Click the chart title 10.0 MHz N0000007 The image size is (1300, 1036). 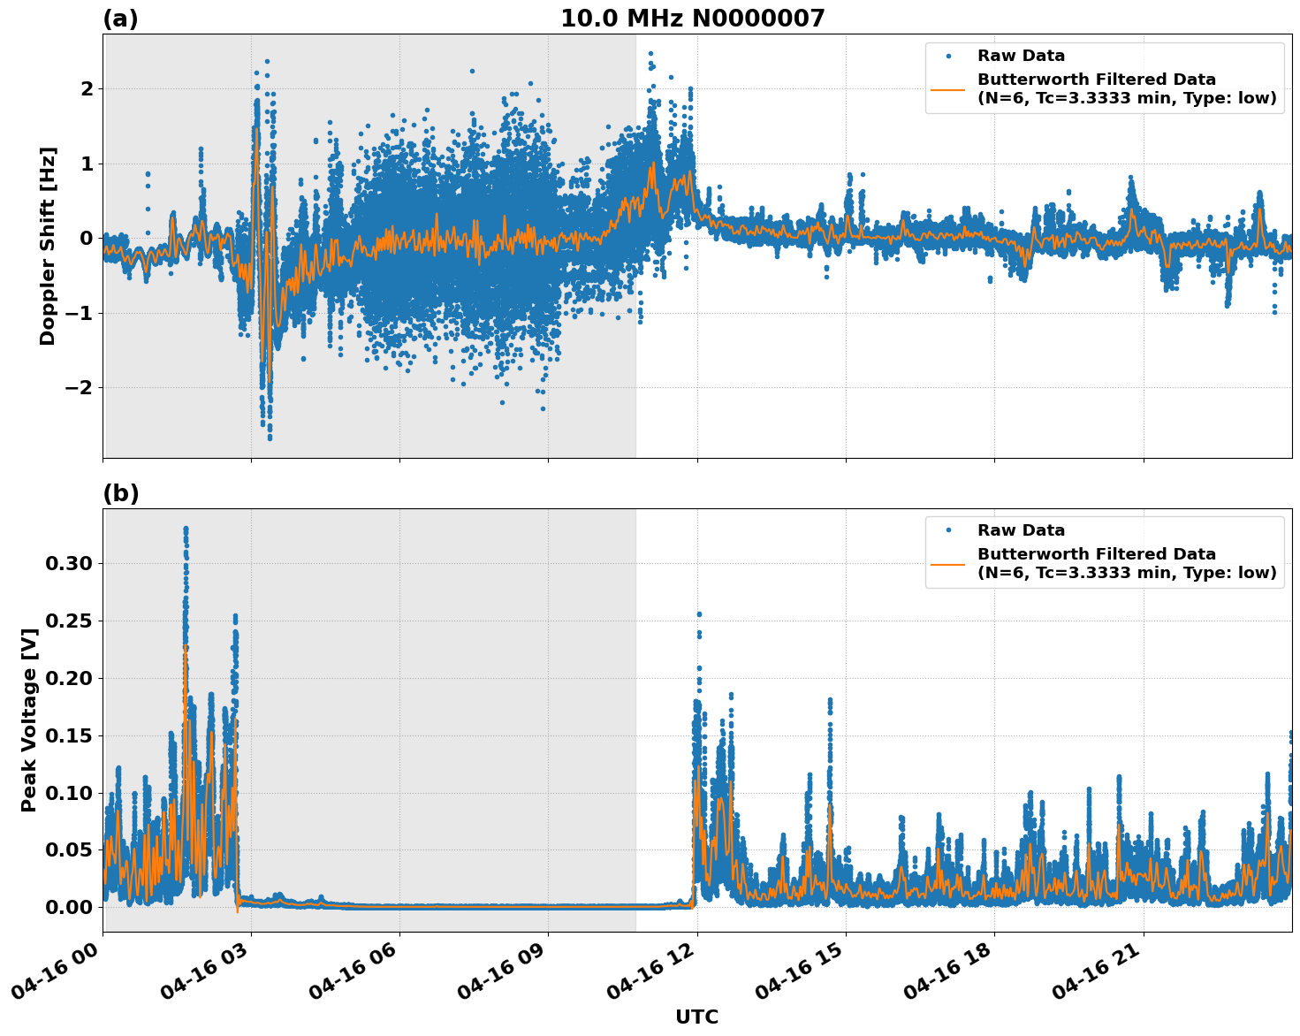point(692,19)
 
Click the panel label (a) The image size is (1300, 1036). point(120,19)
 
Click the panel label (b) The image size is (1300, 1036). point(120,493)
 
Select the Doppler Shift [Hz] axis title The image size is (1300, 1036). point(48,246)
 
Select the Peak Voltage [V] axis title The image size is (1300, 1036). point(29,739)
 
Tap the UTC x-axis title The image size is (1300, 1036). point(696,1017)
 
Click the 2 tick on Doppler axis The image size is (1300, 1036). point(87,88)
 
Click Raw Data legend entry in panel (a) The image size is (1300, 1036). point(1021,56)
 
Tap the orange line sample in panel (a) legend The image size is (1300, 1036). point(948,88)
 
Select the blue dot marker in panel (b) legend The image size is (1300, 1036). point(948,530)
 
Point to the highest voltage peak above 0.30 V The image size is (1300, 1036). point(186,529)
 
